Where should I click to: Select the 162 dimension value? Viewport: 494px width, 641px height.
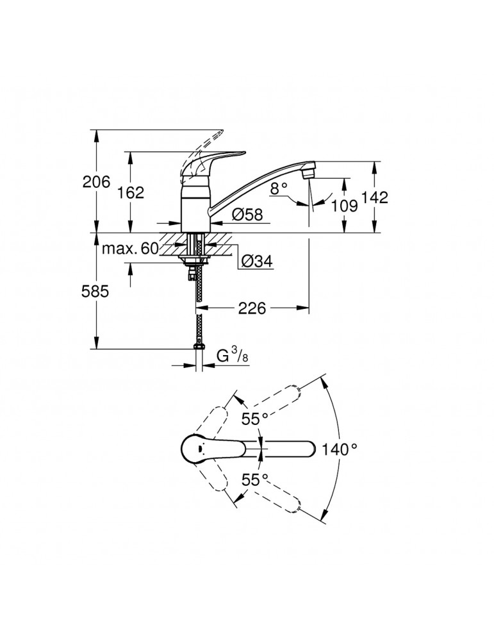pyautogui.click(x=131, y=192)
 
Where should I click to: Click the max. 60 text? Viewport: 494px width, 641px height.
pyautogui.click(x=129, y=249)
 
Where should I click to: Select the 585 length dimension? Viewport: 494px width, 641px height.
pyautogui.click(x=96, y=292)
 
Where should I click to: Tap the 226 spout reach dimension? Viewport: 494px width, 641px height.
pyautogui.click(x=252, y=309)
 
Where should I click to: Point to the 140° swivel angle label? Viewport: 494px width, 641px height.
pyautogui.click(x=340, y=449)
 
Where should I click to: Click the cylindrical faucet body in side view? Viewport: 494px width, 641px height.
pyautogui.click(x=195, y=208)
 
